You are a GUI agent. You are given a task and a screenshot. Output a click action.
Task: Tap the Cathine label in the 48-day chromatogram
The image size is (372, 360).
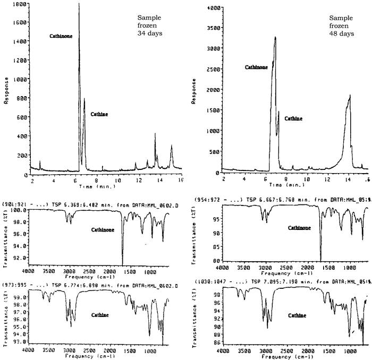293,118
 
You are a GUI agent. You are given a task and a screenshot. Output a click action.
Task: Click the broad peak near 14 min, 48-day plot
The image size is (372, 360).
350,97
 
